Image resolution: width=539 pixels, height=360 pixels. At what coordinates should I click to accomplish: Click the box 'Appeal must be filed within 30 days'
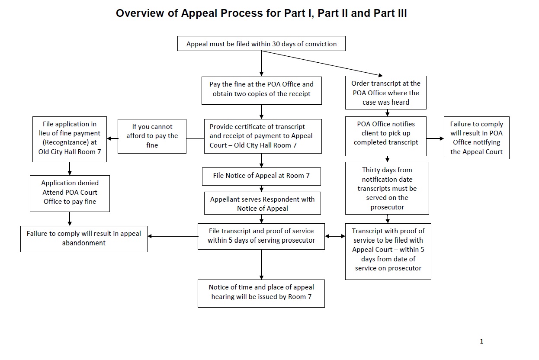click(x=261, y=44)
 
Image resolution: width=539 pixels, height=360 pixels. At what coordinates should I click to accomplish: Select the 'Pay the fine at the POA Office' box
click(x=262, y=90)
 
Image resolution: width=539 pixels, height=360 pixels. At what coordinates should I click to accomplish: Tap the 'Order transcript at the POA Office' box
click(x=386, y=93)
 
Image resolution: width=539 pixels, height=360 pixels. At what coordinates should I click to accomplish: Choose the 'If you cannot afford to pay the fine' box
click(x=152, y=136)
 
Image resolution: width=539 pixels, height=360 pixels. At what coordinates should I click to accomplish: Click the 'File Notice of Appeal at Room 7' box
click(x=261, y=177)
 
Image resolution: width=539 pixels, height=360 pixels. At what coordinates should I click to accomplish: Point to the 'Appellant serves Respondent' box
click(x=263, y=203)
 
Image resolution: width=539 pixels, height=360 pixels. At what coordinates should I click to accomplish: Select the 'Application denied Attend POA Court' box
click(x=70, y=193)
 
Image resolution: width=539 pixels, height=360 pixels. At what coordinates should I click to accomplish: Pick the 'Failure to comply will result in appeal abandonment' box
click(x=84, y=239)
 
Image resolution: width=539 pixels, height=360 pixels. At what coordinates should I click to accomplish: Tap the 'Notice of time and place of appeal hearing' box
click(x=261, y=293)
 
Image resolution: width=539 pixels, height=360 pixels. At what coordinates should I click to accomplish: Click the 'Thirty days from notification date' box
click(x=387, y=188)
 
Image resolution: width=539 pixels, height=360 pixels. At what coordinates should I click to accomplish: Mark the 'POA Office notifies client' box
click(x=386, y=136)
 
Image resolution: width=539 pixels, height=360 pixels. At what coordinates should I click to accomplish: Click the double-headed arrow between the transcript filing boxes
click(x=335, y=236)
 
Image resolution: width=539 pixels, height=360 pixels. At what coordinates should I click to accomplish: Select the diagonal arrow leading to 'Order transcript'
click(x=322, y=64)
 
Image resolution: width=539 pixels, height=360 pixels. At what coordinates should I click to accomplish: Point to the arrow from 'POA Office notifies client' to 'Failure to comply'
click(x=435, y=138)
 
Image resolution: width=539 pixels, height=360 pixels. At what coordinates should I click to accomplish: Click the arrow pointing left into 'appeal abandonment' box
click(x=173, y=236)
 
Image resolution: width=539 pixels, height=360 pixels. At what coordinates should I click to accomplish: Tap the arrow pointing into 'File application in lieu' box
click(x=112, y=138)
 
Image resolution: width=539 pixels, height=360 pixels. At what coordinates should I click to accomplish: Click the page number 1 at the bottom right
click(x=481, y=341)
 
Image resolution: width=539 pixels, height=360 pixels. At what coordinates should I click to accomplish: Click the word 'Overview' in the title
click(x=140, y=13)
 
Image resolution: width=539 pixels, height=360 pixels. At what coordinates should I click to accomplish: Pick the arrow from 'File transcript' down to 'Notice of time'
click(x=262, y=264)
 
